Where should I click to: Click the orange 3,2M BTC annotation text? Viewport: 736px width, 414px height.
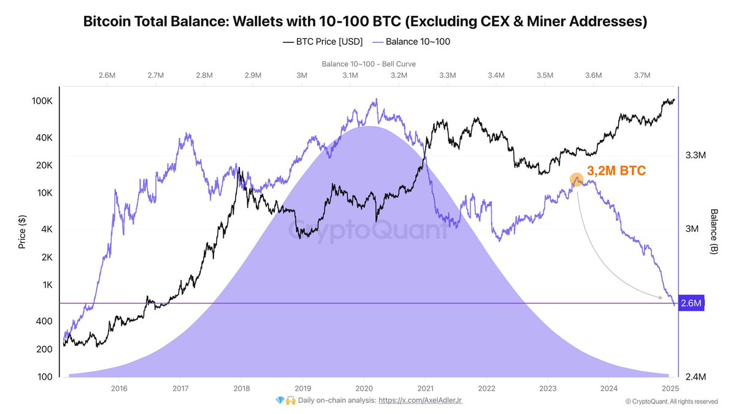tap(616, 171)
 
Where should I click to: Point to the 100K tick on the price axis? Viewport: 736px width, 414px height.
tap(42, 101)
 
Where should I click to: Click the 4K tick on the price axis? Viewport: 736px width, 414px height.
tap(46, 229)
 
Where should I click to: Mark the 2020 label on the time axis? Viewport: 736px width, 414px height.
tap(364, 388)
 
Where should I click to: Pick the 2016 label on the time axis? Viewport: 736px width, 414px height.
tap(119, 388)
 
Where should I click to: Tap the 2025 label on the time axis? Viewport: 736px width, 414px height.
tap(670, 388)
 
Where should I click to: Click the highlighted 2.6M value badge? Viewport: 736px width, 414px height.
tap(691, 303)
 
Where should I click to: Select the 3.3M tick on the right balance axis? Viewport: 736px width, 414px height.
tap(696, 156)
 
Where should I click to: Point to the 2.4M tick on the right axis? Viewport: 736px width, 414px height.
tap(696, 377)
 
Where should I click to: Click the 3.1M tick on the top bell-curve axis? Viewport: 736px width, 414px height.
tap(350, 75)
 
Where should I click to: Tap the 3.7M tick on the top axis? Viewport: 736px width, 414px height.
tap(642, 75)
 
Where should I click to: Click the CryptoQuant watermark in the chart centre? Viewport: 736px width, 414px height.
tap(368, 232)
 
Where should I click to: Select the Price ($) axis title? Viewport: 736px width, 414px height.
tap(23, 232)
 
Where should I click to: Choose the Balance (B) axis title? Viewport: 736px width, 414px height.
tap(714, 231)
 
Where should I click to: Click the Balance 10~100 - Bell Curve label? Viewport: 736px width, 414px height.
tap(368, 64)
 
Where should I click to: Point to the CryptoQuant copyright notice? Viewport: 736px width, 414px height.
tap(671, 402)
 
